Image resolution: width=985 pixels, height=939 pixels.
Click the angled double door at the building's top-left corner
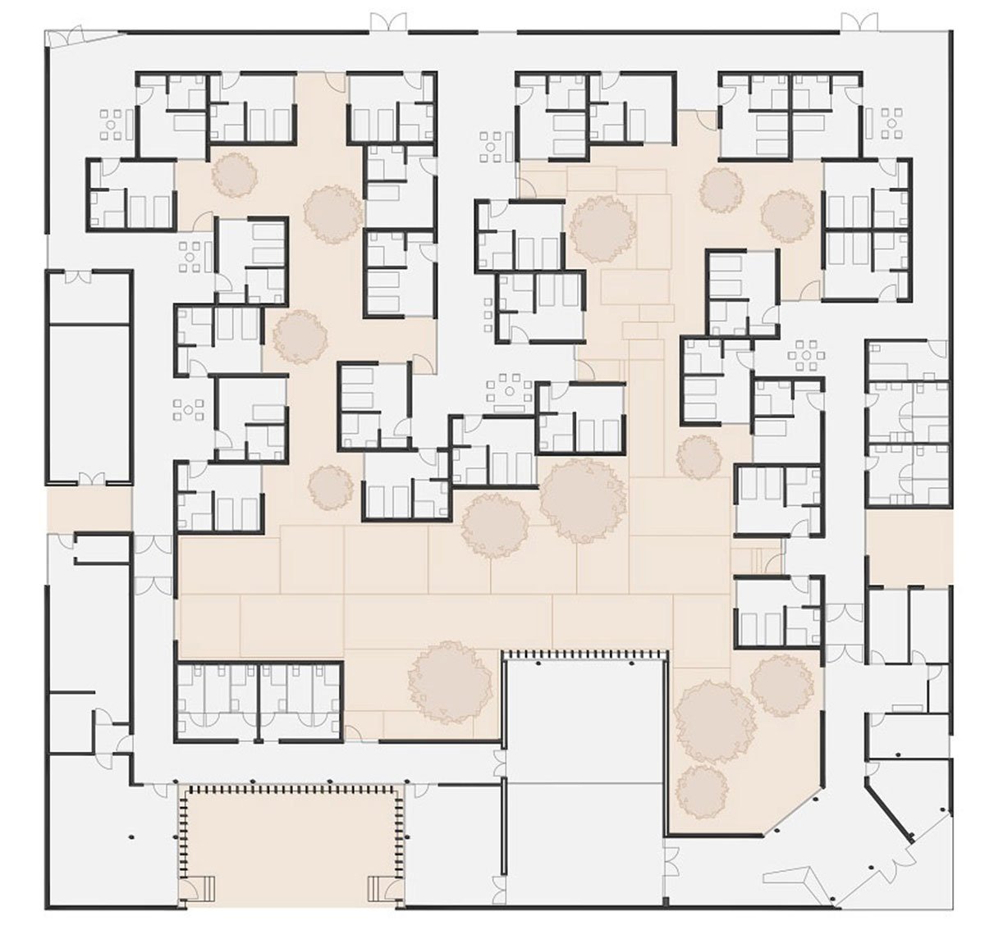point(66,36)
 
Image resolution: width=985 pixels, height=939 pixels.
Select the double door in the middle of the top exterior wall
point(387,23)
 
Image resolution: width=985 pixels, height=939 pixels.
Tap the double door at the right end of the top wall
point(855,23)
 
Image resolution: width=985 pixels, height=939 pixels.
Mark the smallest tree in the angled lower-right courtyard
point(699,787)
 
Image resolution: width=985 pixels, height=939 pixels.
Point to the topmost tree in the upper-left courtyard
point(234,174)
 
